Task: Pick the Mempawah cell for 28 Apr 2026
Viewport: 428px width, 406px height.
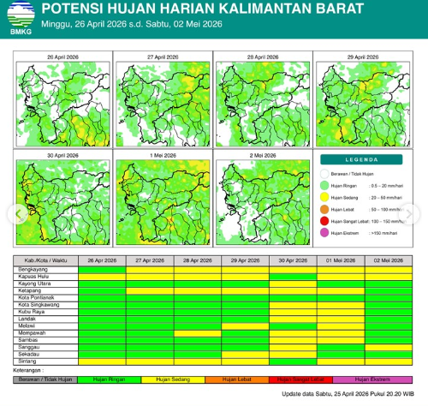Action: (197, 331)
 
